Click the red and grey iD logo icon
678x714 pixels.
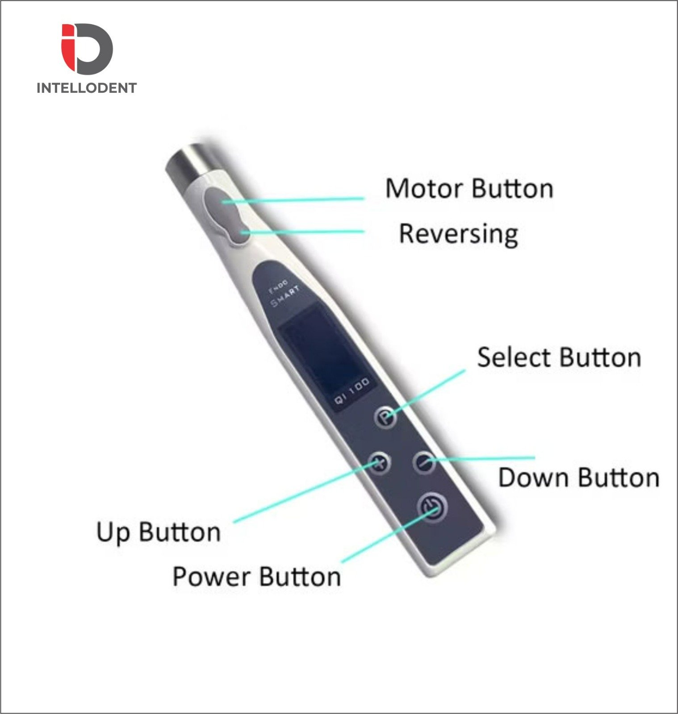coord(87,49)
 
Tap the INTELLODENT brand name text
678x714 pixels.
coord(87,88)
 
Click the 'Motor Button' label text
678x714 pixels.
coord(469,189)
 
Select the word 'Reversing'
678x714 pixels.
coord(459,234)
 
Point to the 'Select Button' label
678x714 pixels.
coord(559,358)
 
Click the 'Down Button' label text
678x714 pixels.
coord(579,477)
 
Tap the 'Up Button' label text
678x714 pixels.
coord(159,532)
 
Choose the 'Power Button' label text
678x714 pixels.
coord(257,577)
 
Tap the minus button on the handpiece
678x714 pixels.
coord(424,462)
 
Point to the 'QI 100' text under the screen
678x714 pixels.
coord(352,391)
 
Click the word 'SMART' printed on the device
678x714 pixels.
coord(286,296)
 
